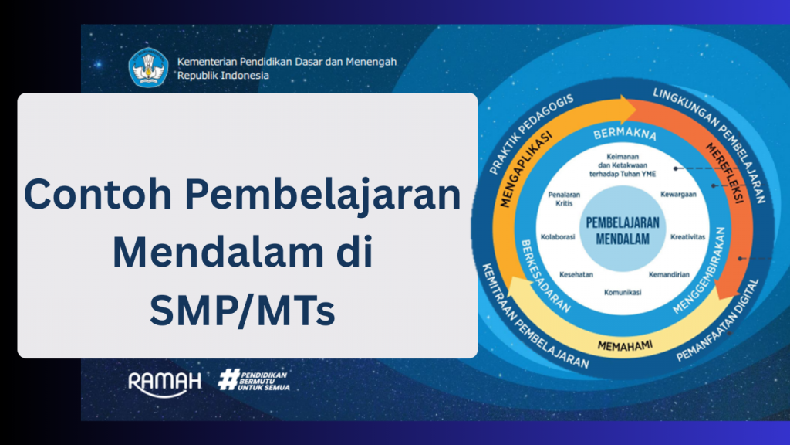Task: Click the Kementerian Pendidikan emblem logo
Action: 148,68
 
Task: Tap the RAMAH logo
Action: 165,383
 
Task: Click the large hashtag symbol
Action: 228,379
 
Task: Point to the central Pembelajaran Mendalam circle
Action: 623,229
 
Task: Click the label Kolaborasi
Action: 558,236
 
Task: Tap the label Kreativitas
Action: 687,236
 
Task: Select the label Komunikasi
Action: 623,292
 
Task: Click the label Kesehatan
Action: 576,274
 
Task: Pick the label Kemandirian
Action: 669,274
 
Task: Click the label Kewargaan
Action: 678,194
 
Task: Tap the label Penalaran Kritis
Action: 564,199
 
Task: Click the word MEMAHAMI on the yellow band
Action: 625,345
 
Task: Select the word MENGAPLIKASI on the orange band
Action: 525,169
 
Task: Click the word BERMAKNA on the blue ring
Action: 625,134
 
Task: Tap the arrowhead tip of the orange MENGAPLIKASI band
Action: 636,109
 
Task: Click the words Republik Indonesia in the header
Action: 223,76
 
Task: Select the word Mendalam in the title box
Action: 218,252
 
